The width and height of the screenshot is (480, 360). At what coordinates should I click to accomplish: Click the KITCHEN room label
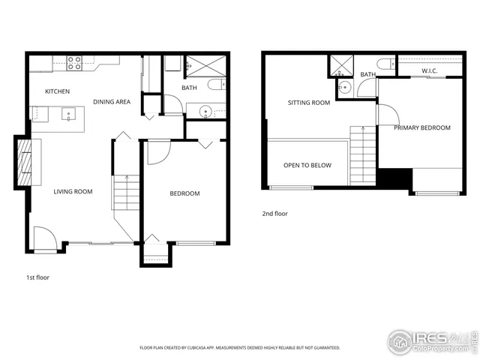(57, 91)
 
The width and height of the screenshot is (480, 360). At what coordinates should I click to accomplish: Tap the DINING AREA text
(112, 101)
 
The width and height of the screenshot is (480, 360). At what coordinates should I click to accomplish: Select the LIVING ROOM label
(73, 192)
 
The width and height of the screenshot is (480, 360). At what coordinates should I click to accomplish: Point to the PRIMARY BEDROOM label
(422, 128)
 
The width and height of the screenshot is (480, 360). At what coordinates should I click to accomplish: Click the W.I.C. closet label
(429, 71)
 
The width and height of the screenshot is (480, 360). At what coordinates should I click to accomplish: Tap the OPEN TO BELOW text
(307, 166)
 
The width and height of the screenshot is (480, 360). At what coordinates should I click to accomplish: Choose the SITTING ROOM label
(309, 103)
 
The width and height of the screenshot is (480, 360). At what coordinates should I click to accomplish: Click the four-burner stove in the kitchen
(75, 64)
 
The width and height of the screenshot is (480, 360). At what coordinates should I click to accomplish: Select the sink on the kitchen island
(69, 115)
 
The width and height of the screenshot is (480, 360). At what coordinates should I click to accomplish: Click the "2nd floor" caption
(274, 214)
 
